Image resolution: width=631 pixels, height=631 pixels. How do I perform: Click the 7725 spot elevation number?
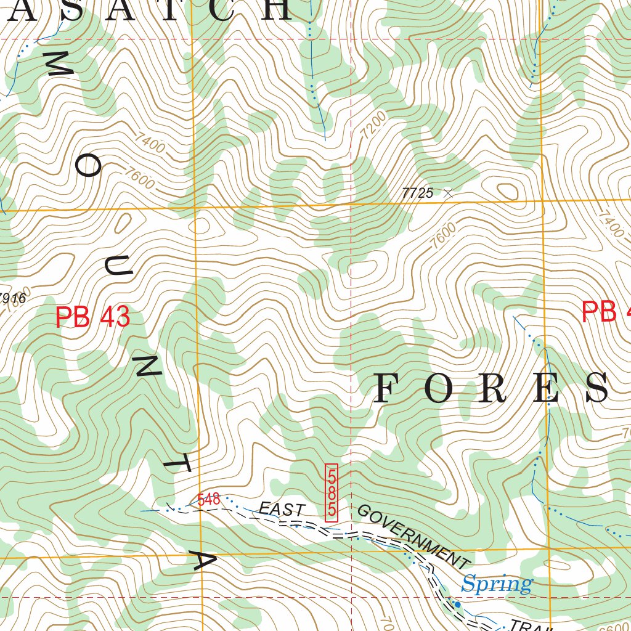pyautogui.click(x=417, y=193)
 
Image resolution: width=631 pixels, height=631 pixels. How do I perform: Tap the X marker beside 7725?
pyautogui.click(x=448, y=193)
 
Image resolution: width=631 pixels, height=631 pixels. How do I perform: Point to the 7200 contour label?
pyautogui.click(x=373, y=124)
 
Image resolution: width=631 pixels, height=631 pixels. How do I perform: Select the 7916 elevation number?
pyautogui.click(x=12, y=299)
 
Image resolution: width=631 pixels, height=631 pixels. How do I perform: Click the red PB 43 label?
pyautogui.click(x=92, y=317)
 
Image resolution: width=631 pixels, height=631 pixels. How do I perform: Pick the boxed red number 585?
pyautogui.click(x=332, y=493)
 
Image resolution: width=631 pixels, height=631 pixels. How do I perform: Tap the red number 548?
pyautogui.click(x=209, y=499)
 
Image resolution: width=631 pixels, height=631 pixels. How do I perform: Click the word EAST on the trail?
pyautogui.click(x=281, y=510)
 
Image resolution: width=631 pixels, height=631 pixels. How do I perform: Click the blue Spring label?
pyautogui.click(x=497, y=583)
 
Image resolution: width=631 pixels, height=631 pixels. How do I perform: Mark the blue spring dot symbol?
pyautogui.click(x=457, y=605)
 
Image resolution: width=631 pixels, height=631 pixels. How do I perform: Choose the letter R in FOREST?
pyautogui.click(x=491, y=389)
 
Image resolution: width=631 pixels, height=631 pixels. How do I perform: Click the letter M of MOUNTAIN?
pyautogui.click(x=60, y=64)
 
